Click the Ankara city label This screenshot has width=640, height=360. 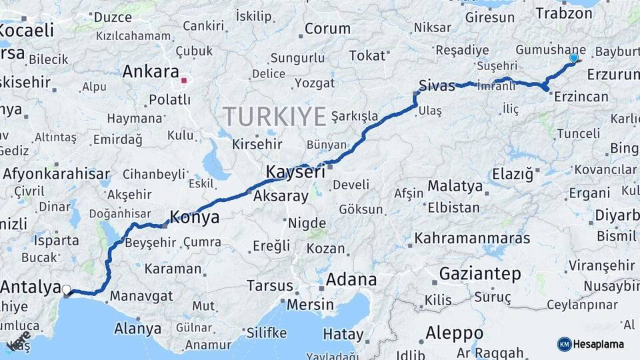[151, 71]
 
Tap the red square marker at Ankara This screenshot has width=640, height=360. [184, 81]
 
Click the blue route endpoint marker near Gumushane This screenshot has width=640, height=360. [574, 58]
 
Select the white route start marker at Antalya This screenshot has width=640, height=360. [66, 289]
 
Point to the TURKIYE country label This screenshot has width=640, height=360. [275, 116]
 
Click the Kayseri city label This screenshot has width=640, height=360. [295, 172]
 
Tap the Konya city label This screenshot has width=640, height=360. [195, 217]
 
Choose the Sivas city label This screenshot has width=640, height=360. [437, 85]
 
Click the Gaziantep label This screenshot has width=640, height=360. [480, 273]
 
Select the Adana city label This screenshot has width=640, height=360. [351, 279]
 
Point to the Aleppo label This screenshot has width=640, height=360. [455, 333]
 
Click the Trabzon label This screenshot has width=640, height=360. [559, 13]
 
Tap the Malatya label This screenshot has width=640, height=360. [455, 185]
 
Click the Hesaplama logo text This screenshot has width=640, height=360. [599, 344]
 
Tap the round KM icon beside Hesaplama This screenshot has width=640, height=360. [564, 344]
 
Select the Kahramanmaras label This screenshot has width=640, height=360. [472, 238]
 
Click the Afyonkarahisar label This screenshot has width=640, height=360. [57, 175]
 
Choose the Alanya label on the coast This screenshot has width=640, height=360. [138, 328]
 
